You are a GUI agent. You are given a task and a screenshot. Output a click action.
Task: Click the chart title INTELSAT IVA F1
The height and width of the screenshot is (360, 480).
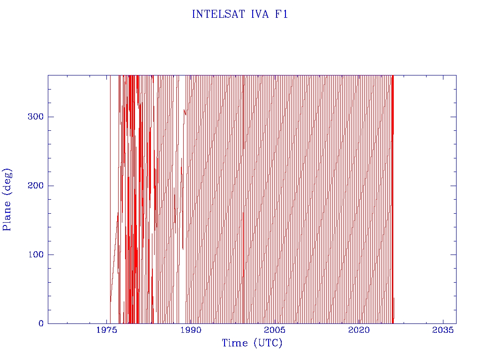point(240,15)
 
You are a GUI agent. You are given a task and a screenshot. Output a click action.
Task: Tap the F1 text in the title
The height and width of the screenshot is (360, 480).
point(281,15)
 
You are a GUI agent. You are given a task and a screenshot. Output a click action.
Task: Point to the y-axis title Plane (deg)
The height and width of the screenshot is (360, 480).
point(7,199)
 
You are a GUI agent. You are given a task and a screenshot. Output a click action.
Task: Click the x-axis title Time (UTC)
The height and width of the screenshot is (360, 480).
point(252,343)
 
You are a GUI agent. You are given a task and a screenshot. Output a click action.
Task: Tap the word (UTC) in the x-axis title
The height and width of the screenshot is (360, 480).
point(268,343)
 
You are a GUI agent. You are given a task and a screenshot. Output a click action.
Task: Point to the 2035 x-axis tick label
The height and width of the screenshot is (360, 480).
point(442,330)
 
